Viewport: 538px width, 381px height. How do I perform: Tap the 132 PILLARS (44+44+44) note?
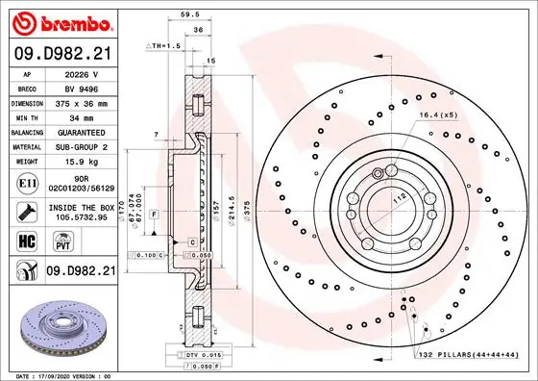[470, 355]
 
